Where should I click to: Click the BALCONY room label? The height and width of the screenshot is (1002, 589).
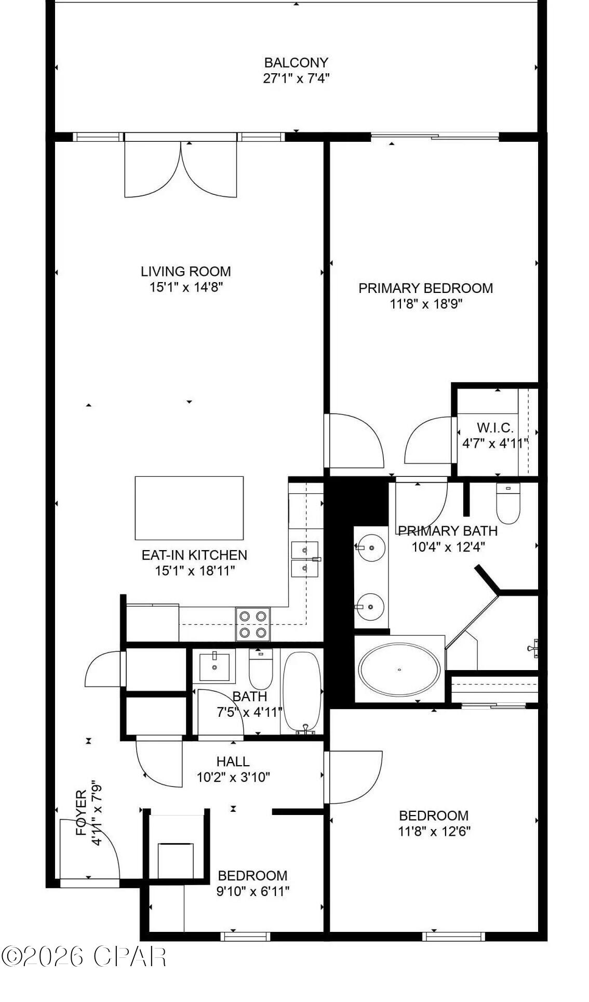coord(296,63)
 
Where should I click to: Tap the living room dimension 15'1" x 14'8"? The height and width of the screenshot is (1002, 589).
coord(186,287)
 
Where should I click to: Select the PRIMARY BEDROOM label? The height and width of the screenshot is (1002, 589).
coord(425,288)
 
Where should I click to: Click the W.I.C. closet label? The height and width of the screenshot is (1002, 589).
coord(495,427)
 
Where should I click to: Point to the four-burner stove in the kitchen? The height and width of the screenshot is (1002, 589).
coord(253,624)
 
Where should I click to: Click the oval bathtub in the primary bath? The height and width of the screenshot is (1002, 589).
coord(399,669)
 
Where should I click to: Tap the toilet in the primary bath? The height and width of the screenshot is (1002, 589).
coord(508,503)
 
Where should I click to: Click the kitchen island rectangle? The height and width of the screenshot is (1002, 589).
coord(189,508)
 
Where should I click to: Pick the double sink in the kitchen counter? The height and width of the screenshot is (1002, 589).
coord(305,559)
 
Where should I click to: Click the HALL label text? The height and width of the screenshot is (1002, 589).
coord(233,761)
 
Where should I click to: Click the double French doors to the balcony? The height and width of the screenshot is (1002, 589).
coord(181,169)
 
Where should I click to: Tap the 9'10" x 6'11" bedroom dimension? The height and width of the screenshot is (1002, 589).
coord(252,891)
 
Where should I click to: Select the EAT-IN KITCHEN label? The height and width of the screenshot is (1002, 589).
coord(194,555)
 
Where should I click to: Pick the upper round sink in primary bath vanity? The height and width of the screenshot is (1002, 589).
coord(371,547)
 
